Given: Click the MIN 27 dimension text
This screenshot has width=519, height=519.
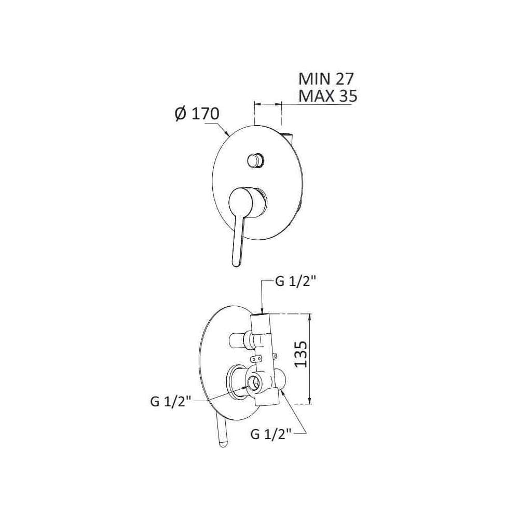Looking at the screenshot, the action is (326, 79).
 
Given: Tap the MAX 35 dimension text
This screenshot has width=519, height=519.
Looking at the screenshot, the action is (327, 96).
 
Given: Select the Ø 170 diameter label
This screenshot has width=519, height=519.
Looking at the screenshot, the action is (197, 114).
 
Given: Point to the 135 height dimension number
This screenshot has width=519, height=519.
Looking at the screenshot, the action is (301, 354).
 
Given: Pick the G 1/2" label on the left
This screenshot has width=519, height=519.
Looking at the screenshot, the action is (171, 402).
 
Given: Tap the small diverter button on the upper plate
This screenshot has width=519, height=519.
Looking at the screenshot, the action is (255, 160).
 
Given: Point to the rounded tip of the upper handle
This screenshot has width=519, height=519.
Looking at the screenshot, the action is (236, 254).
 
